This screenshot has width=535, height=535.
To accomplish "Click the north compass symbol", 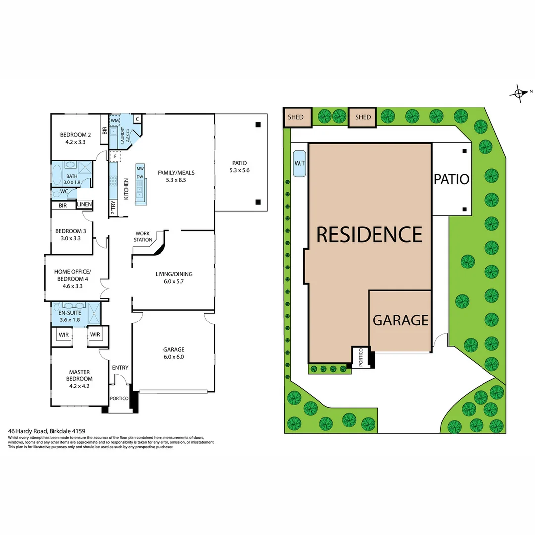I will [x=519, y=93].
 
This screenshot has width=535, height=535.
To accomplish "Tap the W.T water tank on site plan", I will [x=299, y=164].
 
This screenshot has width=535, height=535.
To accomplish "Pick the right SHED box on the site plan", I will [x=363, y=117].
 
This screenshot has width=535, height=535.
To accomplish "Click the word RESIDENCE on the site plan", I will [x=369, y=234].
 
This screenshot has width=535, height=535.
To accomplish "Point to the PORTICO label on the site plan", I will [x=360, y=357].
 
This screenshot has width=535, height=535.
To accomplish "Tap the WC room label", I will [x=64, y=191].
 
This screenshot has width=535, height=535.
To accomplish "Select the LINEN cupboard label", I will [x=84, y=205].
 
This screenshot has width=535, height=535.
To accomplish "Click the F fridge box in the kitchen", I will [x=115, y=156].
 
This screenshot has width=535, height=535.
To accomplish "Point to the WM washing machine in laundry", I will [x=114, y=120].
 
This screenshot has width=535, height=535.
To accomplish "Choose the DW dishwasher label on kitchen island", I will [x=140, y=177].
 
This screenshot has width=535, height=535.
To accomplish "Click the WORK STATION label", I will [x=143, y=236].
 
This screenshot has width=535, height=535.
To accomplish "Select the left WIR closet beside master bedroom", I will [x=63, y=335].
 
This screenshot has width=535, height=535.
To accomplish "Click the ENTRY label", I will [x=120, y=367].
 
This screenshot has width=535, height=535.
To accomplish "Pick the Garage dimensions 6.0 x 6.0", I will [x=173, y=356].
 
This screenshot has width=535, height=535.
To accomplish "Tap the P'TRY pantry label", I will [x=113, y=206].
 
